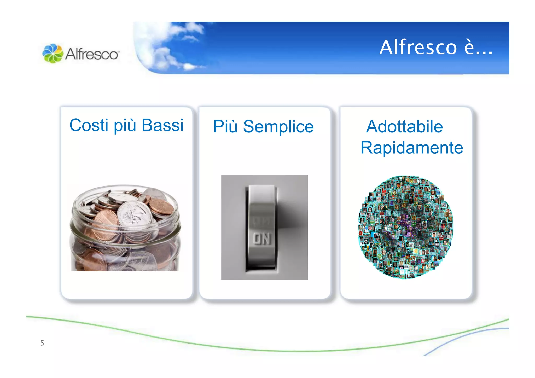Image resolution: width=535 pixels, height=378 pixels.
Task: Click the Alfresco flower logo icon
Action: point(53,53)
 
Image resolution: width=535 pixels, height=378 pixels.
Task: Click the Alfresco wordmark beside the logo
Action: point(92,54)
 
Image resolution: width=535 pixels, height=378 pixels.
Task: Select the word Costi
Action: point(89,125)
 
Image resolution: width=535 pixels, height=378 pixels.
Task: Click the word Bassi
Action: point(162,125)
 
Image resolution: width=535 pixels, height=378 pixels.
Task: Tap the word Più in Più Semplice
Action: point(225,127)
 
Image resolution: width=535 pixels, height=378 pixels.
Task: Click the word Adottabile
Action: point(404,127)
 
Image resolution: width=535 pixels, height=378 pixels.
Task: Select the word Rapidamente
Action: point(412,148)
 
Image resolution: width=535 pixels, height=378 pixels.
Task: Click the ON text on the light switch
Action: point(262,239)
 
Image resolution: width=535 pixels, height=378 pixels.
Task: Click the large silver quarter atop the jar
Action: point(134,213)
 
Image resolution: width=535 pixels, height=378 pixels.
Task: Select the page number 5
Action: point(42,343)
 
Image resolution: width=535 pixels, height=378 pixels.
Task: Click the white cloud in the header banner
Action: point(167,47)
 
